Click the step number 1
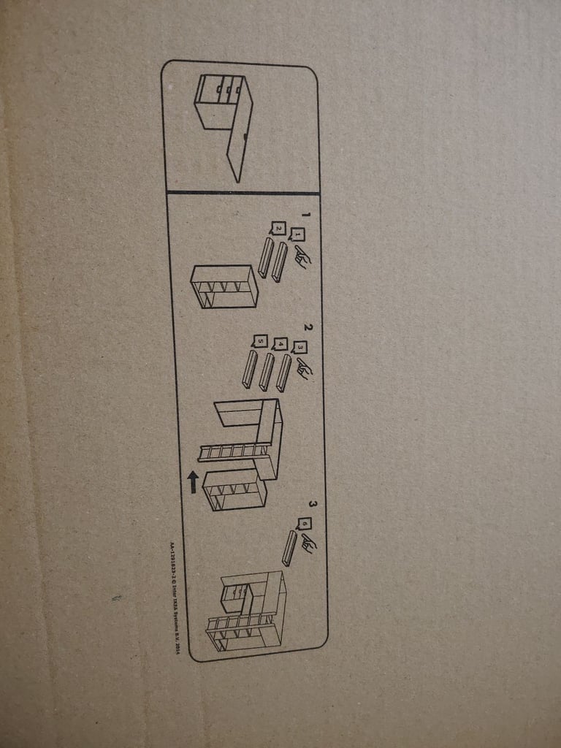coord(306,215)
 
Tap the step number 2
coord(308,328)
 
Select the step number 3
coord(312,504)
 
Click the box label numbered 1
coord(297,234)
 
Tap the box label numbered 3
coord(299,348)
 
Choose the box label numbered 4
coord(280,344)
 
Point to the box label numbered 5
coord(259,340)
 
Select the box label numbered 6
coord(304,524)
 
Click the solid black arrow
coord(193,481)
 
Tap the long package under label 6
coord(290,548)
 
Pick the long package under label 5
coord(249,370)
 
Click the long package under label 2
coord(265,258)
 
